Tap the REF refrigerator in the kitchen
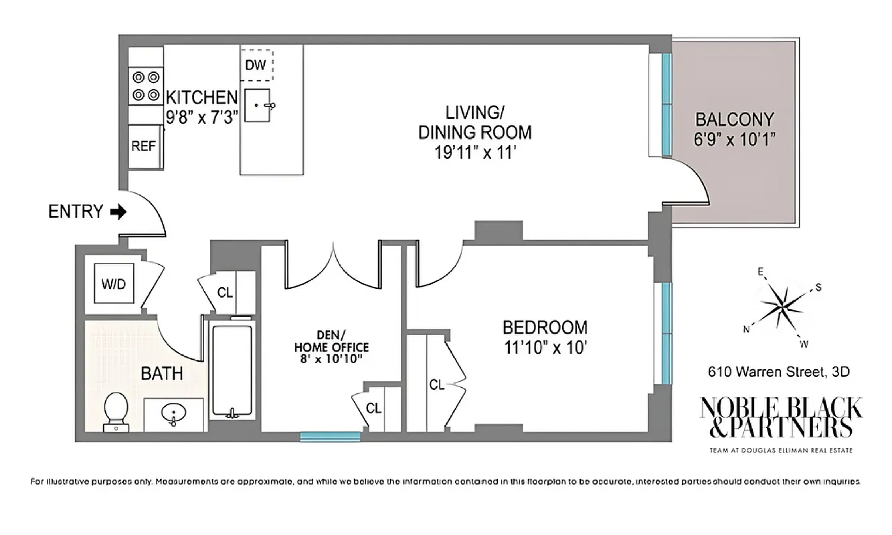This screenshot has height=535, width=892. tap(143, 146)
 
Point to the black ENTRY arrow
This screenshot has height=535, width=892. tap(118, 213)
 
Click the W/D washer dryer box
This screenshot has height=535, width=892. tap(113, 284)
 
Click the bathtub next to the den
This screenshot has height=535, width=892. tap(231, 370)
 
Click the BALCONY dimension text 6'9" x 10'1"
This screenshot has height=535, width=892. tap(735, 140)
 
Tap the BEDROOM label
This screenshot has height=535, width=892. tap(545, 328)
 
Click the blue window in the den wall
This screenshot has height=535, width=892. tap(330, 437)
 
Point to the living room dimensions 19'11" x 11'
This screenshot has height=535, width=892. tap(475, 152)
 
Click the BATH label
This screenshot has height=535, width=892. tap(162, 372)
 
